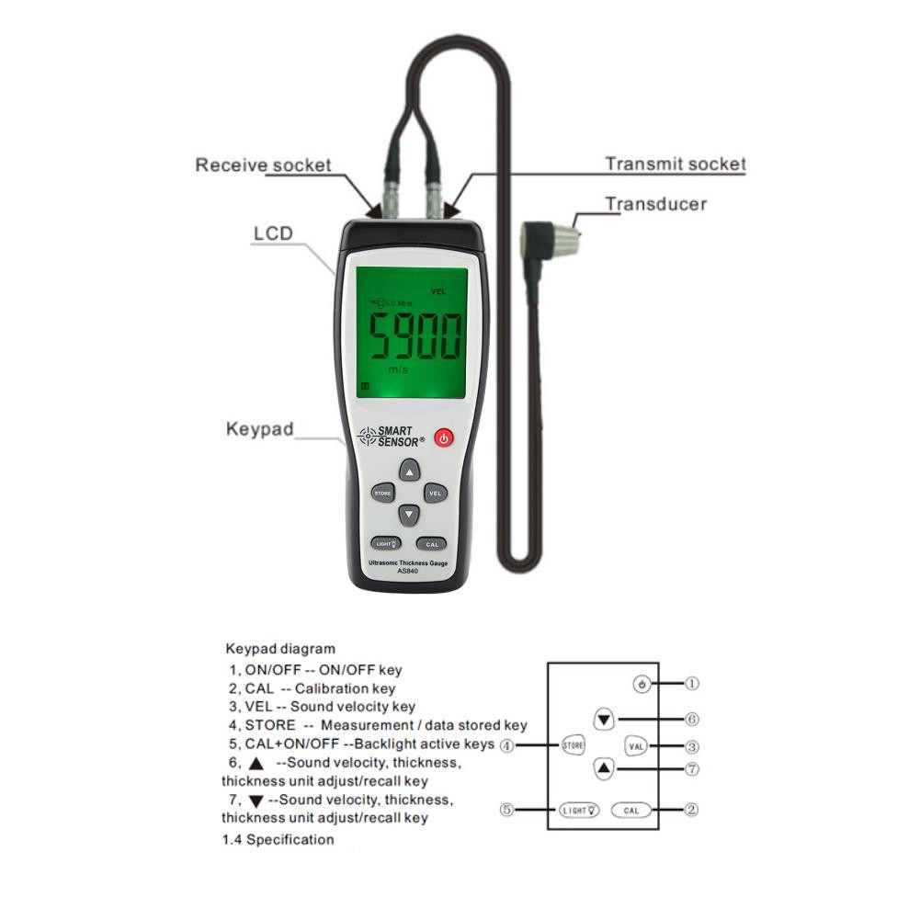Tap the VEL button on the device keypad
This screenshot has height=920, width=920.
pyautogui.click(x=436, y=493)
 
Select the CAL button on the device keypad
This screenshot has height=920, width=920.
pyautogui.click(x=432, y=544)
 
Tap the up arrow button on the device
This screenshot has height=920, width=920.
pyautogui.click(x=409, y=471)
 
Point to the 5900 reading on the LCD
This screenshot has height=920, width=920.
pyautogui.click(x=415, y=336)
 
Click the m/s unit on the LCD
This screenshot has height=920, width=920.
pyautogui.click(x=398, y=369)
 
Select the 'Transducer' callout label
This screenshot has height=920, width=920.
pyautogui.click(x=655, y=204)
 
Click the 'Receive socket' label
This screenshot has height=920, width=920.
pyautogui.click(x=263, y=165)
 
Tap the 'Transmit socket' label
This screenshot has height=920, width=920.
pyautogui.click(x=675, y=165)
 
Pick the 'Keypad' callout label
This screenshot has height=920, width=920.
pyautogui.click(x=260, y=429)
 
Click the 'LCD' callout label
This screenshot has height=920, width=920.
pyautogui.click(x=272, y=233)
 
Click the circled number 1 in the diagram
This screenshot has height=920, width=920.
pyautogui.click(x=692, y=684)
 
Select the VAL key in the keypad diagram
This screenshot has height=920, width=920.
pyautogui.click(x=636, y=746)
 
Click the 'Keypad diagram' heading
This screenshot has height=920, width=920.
pyautogui.click(x=280, y=649)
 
